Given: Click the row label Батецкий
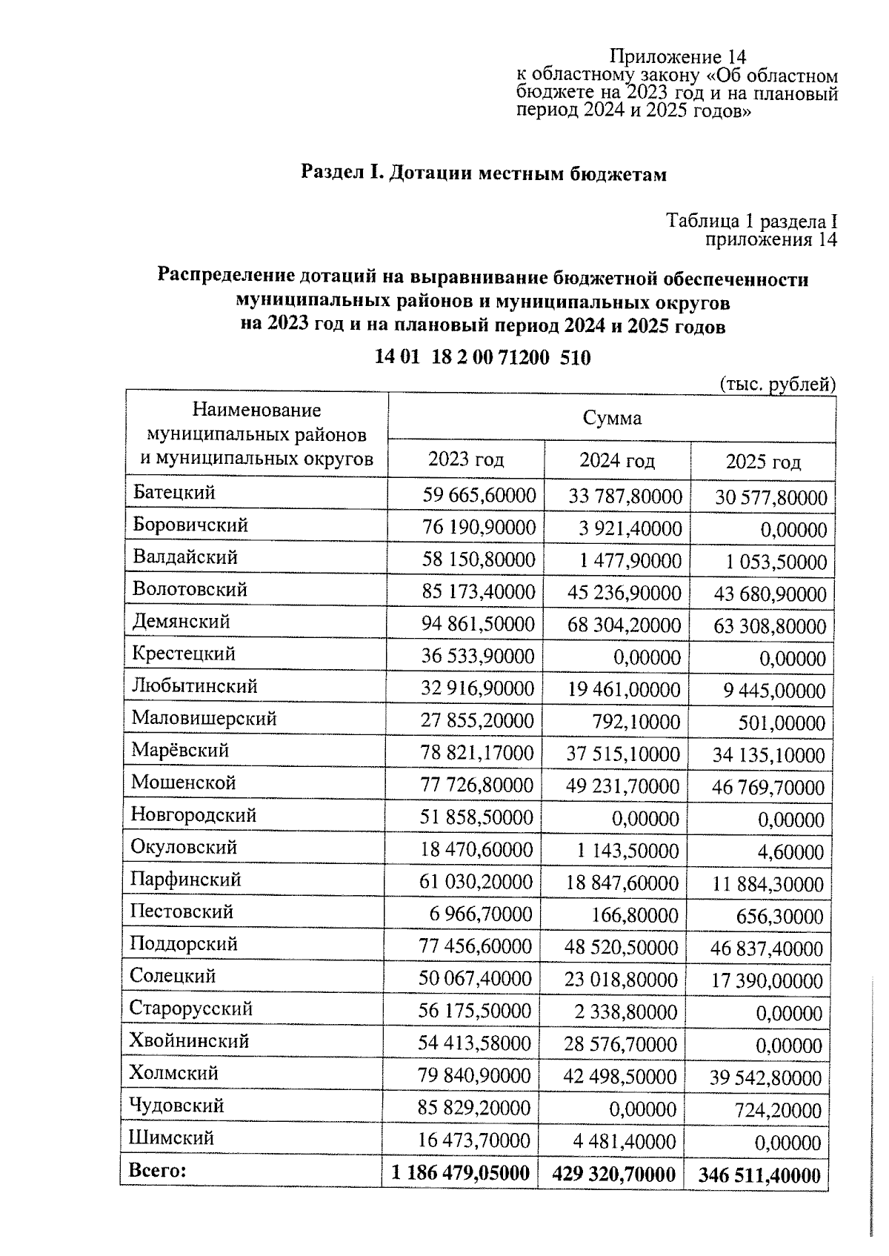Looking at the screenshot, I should click(174, 492).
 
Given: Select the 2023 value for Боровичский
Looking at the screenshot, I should click(479, 527).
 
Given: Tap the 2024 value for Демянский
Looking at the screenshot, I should click(624, 625).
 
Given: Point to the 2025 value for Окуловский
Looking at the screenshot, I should click(790, 852).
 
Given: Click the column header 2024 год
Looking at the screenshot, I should click(616, 461).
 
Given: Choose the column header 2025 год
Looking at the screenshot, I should click(762, 462).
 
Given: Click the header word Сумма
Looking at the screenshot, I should click(611, 419).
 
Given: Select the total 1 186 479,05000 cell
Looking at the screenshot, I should click(460, 1173).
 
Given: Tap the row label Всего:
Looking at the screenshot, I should click(158, 1171).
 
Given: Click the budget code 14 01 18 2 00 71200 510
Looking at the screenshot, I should click(482, 358).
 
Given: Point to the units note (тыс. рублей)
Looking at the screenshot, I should click(777, 384).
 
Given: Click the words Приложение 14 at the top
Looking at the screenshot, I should click(677, 57).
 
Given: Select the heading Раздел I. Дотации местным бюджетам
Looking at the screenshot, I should click(483, 174).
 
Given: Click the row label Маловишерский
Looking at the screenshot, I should click(204, 718).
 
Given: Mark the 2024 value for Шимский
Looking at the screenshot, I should click(621, 1141).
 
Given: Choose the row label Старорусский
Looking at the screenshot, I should click(191, 1009).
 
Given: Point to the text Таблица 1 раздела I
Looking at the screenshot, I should click(751, 221).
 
